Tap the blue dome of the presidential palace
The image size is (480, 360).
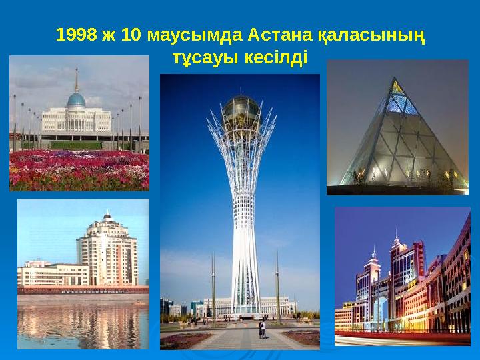(76, 100)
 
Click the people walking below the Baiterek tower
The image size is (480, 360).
(262, 327)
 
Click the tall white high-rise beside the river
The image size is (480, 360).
(107, 250)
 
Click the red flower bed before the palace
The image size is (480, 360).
(79, 170)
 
